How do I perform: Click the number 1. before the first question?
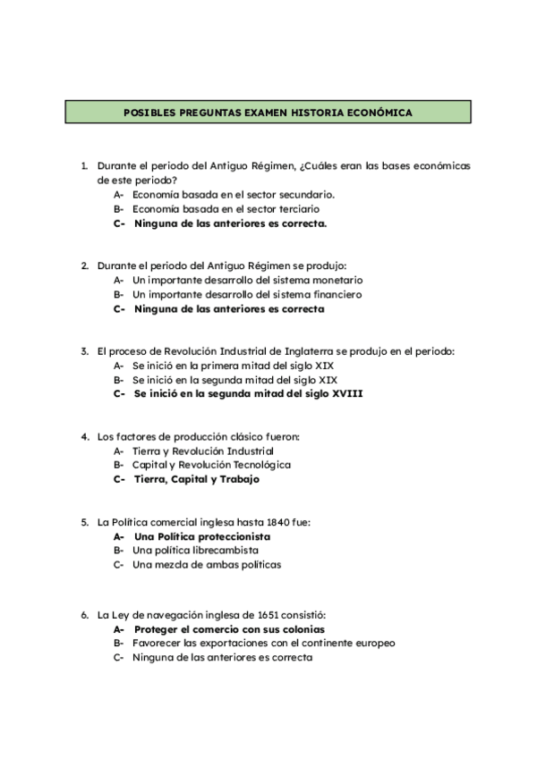click(84, 165)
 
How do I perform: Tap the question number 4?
click(84, 436)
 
